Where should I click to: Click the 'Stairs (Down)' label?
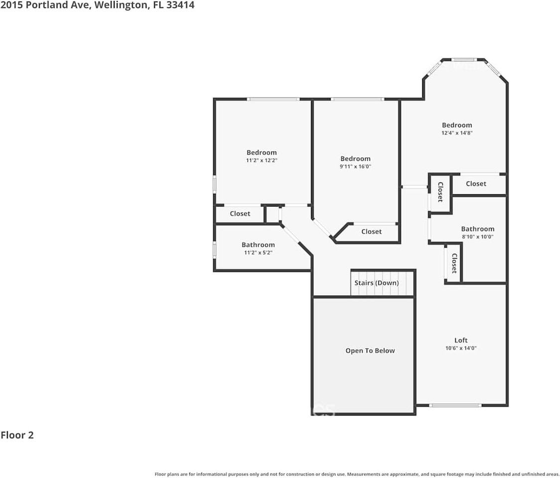pyautogui.click(x=376, y=283)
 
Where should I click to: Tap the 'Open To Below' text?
pyautogui.click(x=370, y=351)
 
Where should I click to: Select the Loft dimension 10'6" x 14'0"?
pyautogui.click(x=461, y=349)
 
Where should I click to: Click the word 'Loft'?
pyautogui.click(x=461, y=341)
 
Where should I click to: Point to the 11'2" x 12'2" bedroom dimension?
pyautogui.click(x=262, y=160)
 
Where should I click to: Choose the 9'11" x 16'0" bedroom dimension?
pyautogui.click(x=355, y=167)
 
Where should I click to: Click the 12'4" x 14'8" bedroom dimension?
pyautogui.click(x=457, y=133)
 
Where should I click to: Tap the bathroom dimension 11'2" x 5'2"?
pyautogui.click(x=258, y=252)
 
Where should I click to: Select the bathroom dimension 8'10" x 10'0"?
pyautogui.click(x=477, y=237)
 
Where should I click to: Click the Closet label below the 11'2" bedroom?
pyautogui.click(x=240, y=214)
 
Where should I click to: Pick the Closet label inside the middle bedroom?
pyautogui.click(x=371, y=232)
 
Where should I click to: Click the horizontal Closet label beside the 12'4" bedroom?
pyautogui.click(x=476, y=184)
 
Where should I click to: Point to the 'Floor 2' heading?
pyautogui.click(x=17, y=435)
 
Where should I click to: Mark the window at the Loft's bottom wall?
pyautogui.click(x=455, y=405)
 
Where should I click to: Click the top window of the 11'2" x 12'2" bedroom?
pyautogui.click(x=274, y=99)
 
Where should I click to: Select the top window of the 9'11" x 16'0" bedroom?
pyautogui.click(x=357, y=99)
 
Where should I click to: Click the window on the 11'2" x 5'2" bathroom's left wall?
pyautogui.click(x=214, y=249)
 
